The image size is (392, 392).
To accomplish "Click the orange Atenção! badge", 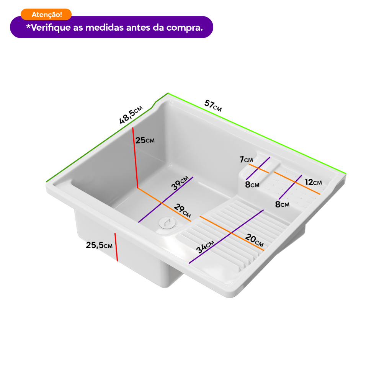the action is coord(46,14).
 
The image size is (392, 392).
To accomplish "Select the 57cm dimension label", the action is coord(213,105).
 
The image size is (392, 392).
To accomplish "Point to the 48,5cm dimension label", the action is coord(131,115).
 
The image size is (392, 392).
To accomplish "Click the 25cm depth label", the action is coord(145,140).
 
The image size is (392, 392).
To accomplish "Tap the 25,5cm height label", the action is coord(99,245).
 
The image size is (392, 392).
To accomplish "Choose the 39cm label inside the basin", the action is coord(180,183).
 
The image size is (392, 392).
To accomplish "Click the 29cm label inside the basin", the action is coord(183,210).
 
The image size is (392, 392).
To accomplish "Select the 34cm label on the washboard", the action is coord(205,247).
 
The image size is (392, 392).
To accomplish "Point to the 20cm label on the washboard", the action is coord(254,240).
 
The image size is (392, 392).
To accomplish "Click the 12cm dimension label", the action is coord(313,182).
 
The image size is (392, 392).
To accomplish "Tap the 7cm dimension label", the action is coord(246,159).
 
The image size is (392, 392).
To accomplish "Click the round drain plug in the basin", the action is coord(167,222).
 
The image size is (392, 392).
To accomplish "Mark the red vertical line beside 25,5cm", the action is coord(116,247).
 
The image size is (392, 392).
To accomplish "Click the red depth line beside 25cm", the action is coord(135,157).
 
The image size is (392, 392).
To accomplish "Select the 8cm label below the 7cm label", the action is coord(252,185).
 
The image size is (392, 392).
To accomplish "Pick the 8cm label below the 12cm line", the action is coord(282,204).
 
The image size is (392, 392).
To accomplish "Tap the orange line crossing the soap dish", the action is coord(258,168).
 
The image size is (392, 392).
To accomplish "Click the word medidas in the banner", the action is coord(105,28).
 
